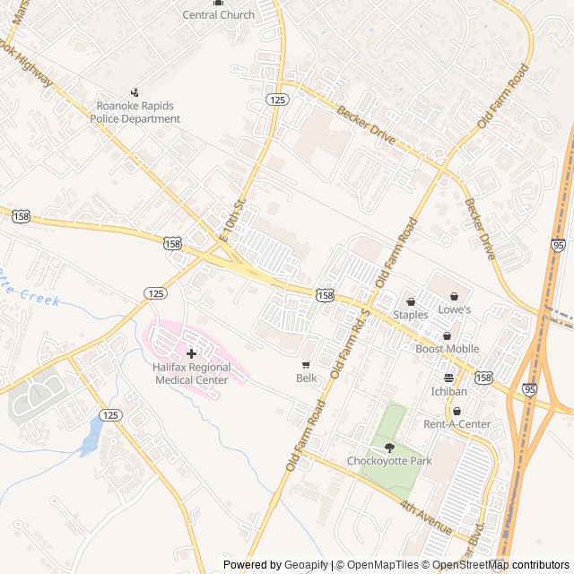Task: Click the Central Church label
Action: coord(219,15)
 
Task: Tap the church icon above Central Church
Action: coord(219,3)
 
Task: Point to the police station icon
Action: coord(135,91)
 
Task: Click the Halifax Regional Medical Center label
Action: coord(192,373)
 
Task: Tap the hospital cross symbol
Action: coord(191,354)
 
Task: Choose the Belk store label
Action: coord(306,378)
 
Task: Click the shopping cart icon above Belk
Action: coord(306,365)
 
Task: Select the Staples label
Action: coord(411,315)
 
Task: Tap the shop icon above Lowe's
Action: coord(454,297)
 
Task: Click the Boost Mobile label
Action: coord(447,349)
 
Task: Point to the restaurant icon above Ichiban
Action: coord(448,378)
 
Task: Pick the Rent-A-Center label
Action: coord(457,424)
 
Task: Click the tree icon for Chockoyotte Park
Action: coord(389,448)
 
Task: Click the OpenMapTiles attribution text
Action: coord(384,565)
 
